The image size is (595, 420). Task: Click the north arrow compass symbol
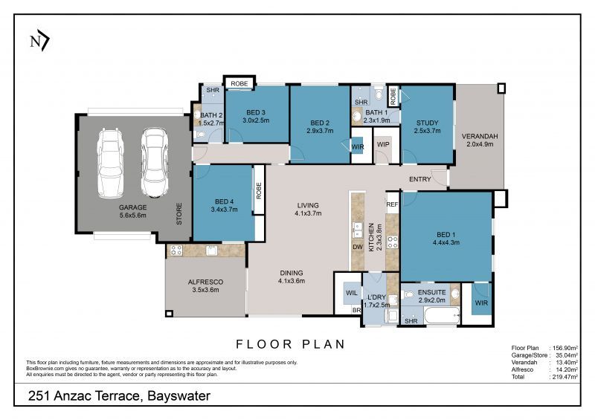point(39,42)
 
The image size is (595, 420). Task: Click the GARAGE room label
point(133,207)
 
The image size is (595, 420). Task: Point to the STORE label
point(179,215)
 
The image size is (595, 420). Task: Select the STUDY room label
point(427,123)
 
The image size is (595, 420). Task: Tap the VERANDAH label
point(480,136)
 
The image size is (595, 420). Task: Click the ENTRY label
point(420,179)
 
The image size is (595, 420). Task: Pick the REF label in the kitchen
point(392,204)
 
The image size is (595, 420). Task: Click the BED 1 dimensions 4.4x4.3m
point(446,242)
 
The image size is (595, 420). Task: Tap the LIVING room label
point(307,205)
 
